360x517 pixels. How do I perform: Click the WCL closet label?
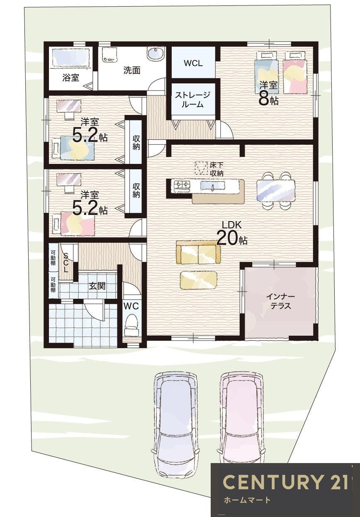(193, 63)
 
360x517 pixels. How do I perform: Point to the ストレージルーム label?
(193, 100)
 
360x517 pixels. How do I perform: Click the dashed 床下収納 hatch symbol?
(201, 168)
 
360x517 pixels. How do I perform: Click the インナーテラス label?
(280, 301)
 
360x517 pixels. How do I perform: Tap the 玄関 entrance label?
(97, 286)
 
